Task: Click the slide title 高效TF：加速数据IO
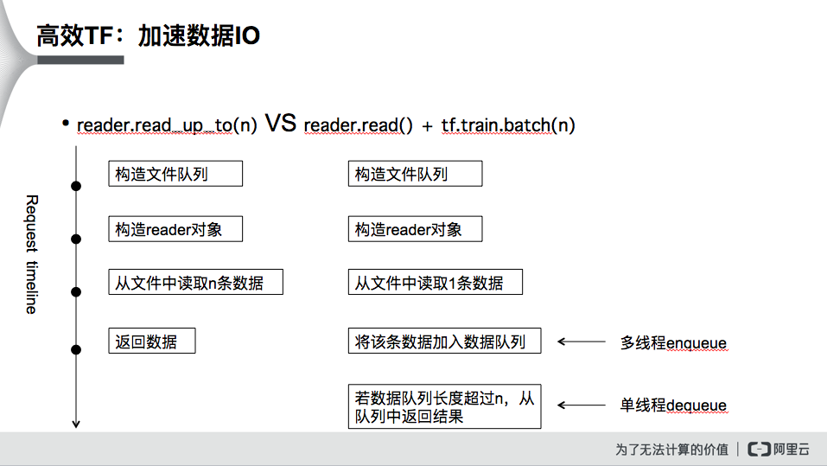(x=148, y=36)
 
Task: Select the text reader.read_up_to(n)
(x=167, y=124)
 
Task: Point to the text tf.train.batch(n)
(x=508, y=124)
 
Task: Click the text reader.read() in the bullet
(x=352, y=124)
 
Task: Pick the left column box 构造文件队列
(x=175, y=174)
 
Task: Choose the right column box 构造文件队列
(x=414, y=174)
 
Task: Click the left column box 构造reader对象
(x=175, y=229)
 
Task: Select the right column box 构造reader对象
(x=414, y=229)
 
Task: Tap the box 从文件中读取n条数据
(x=195, y=283)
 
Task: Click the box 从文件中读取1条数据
(x=435, y=283)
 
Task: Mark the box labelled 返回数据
(x=151, y=341)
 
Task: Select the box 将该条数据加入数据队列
(x=444, y=341)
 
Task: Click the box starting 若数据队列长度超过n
(x=444, y=406)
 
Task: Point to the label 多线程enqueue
(x=673, y=343)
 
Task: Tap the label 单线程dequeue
(x=673, y=405)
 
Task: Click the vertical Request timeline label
(x=31, y=254)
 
